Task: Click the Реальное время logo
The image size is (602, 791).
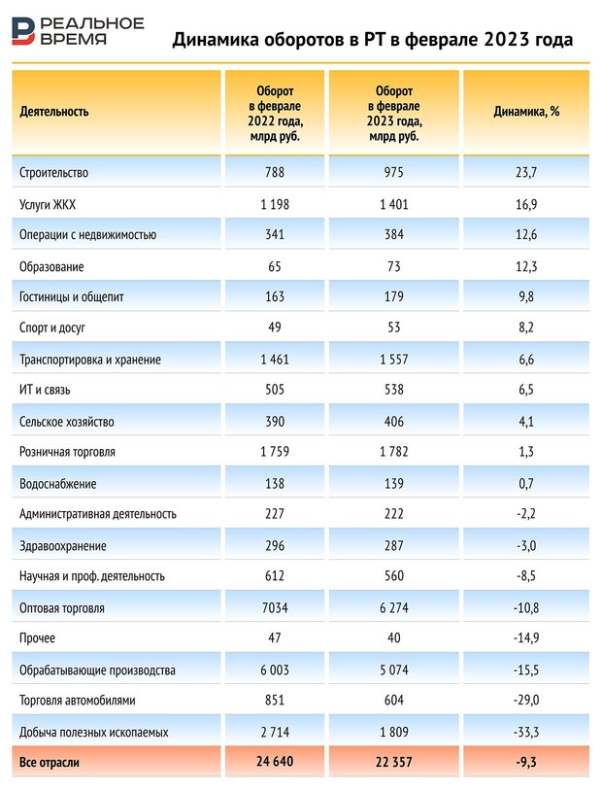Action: [x=77, y=30]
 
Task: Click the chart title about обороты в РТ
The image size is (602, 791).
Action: [x=372, y=40]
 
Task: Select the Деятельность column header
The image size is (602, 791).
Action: [x=53, y=111]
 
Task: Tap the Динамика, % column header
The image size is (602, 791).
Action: [x=526, y=111]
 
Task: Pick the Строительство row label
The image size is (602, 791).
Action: [x=53, y=173]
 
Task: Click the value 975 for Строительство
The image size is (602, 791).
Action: [x=394, y=173]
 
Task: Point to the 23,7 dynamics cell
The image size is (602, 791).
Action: [x=526, y=173]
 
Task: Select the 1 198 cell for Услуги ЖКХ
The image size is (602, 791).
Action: [x=275, y=204]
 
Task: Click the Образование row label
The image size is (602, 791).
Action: [x=51, y=266]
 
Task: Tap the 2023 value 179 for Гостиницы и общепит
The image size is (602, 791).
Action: [x=394, y=297]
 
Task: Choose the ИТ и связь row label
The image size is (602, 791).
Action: [x=45, y=391]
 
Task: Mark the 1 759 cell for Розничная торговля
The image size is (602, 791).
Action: [x=275, y=453]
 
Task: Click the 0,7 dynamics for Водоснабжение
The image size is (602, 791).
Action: [x=526, y=484]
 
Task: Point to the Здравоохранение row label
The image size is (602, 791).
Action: [x=62, y=546]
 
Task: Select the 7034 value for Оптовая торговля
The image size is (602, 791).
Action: [x=275, y=608]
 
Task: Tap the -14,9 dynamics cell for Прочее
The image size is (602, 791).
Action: [x=526, y=639]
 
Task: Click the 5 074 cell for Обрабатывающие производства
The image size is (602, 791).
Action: [x=394, y=671]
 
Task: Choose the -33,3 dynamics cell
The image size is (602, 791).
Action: [x=526, y=733]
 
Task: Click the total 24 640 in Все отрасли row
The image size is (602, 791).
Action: [x=275, y=763]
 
